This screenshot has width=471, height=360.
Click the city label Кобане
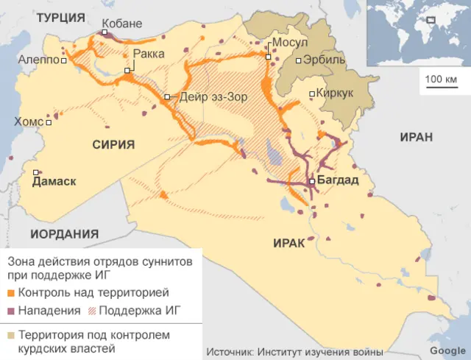tap(121, 24)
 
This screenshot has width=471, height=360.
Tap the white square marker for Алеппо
tap(65, 61)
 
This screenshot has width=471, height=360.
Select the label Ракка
tap(149, 54)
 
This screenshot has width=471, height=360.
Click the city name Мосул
tap(290, 43)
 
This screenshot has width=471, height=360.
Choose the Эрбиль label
tap(325, 60)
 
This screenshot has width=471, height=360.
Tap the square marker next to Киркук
tap(312, 93)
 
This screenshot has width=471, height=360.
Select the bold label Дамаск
tap(54, 181)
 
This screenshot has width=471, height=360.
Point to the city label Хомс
tap(28, 122)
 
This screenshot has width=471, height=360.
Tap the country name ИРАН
tap(417, 138)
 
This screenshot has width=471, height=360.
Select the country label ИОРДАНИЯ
tap(65, 234)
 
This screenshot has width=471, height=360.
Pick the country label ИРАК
tap(288, 244)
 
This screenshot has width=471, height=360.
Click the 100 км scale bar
tap(441, 84)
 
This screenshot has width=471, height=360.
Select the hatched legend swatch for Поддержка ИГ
tap(91, 311)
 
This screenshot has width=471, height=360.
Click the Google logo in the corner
tap(447, 351)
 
